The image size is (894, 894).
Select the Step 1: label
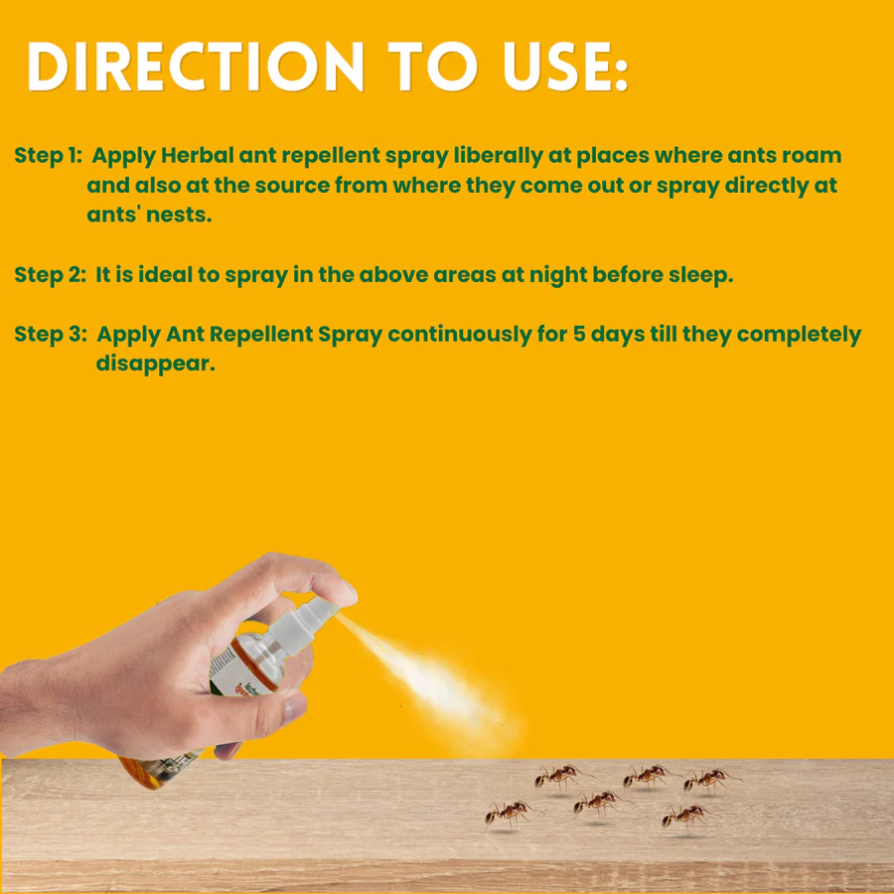click(x=48, y=156)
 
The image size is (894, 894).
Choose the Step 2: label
click(x=50, y=275)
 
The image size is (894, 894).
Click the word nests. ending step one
click(x=180, y=215)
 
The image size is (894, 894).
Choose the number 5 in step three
click(x=579, y=335)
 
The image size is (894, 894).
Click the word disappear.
click(x=155, y=364)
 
